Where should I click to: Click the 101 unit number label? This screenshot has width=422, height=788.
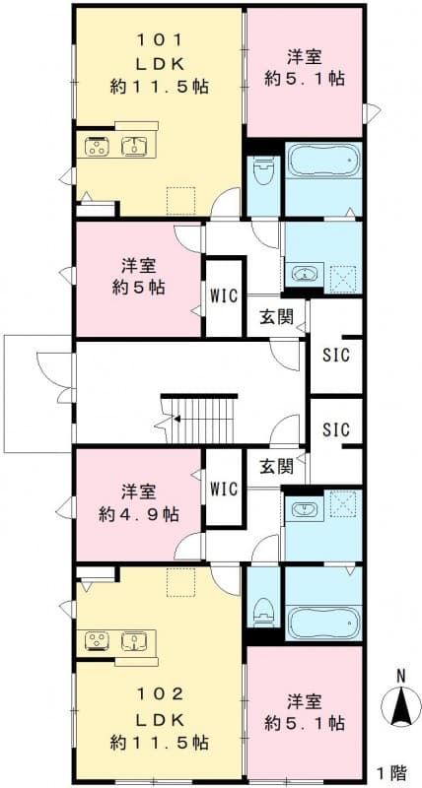click(159, 41)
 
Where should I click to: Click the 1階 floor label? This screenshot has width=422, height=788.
click(394, 770)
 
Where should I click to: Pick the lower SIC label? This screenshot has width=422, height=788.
click(336, 430)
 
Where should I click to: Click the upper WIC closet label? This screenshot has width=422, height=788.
click(223, 295)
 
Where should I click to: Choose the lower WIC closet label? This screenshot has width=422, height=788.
click(225, 488)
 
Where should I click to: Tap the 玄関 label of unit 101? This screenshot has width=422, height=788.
click(277, 316)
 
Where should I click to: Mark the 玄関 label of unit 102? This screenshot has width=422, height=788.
click(277, 465)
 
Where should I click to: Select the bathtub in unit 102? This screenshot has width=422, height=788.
click(323, 620)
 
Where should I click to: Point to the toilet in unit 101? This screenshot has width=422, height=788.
click(263, 178)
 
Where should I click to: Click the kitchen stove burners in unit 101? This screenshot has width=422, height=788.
click(99, 148)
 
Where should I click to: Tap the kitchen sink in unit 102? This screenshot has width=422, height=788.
click(134, 641)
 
